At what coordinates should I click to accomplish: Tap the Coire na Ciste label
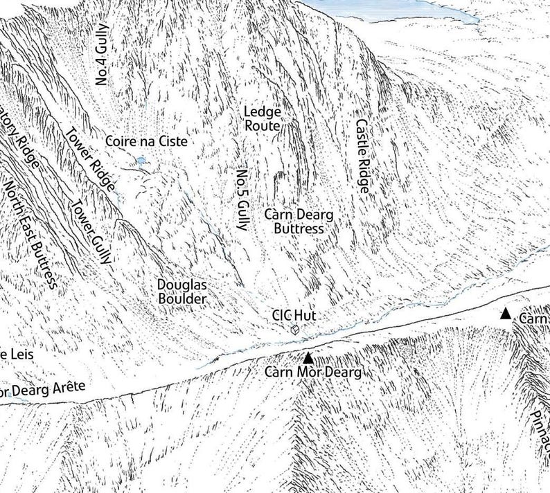click(x=146, y=141)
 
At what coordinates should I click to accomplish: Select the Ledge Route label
click(x=263, y=119)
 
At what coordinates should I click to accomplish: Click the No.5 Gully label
click(x=242, y=199)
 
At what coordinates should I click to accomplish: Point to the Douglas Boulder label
click(x=181, y=292)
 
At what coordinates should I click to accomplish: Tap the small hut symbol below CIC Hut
click(x=294, y=330)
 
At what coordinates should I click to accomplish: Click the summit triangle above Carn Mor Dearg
click(x=308, y=358)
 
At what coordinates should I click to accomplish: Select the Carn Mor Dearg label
click(x=314, y=373)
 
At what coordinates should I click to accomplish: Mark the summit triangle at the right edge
click(x=506, y=314)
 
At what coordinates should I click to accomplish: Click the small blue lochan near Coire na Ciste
click(x=142, y=162)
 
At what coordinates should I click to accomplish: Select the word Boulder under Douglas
click(x=182, y=299)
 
